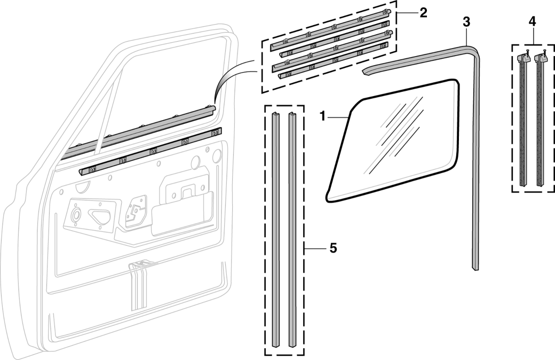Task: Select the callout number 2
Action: click(423, 13)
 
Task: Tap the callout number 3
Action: click(466, 22)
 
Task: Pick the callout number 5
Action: click(332, 248)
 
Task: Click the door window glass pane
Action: click(395, 142)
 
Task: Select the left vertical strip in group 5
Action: click(275, 230)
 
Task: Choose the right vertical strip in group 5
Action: click(293, 230)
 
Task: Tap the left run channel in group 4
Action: click(523, 123)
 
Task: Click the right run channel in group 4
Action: click(540, 123)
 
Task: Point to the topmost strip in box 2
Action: click(331, 29)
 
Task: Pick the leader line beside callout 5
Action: click(315, 248)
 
